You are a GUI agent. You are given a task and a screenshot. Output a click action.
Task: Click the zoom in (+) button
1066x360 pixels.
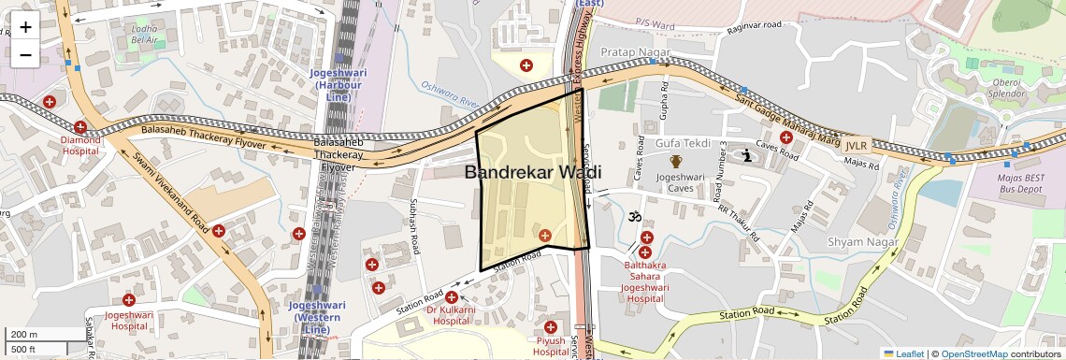[25, 27]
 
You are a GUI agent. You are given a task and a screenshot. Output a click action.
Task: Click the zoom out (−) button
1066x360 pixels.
[25, 55]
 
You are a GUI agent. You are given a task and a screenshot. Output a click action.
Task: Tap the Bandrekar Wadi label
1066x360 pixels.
[532, 172]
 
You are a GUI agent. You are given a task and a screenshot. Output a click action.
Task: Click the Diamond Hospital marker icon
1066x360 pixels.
[81, 127]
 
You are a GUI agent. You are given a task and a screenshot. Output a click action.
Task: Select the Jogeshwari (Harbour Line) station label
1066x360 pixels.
[340, 84]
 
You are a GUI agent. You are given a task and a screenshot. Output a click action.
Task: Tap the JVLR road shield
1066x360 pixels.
[857, 146]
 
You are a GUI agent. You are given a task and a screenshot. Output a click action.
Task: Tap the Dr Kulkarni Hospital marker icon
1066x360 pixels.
[451, 296]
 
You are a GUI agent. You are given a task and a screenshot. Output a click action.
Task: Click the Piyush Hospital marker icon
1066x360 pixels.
[552, 326]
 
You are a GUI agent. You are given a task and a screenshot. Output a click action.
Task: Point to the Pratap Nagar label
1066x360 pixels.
[632, 51]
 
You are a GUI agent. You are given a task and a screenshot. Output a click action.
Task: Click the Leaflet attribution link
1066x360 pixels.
[903, 353]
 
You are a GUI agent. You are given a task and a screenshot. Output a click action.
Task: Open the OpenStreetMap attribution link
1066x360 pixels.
[973, 353]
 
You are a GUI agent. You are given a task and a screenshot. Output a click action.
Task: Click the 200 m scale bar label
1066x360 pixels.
[23, 335]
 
